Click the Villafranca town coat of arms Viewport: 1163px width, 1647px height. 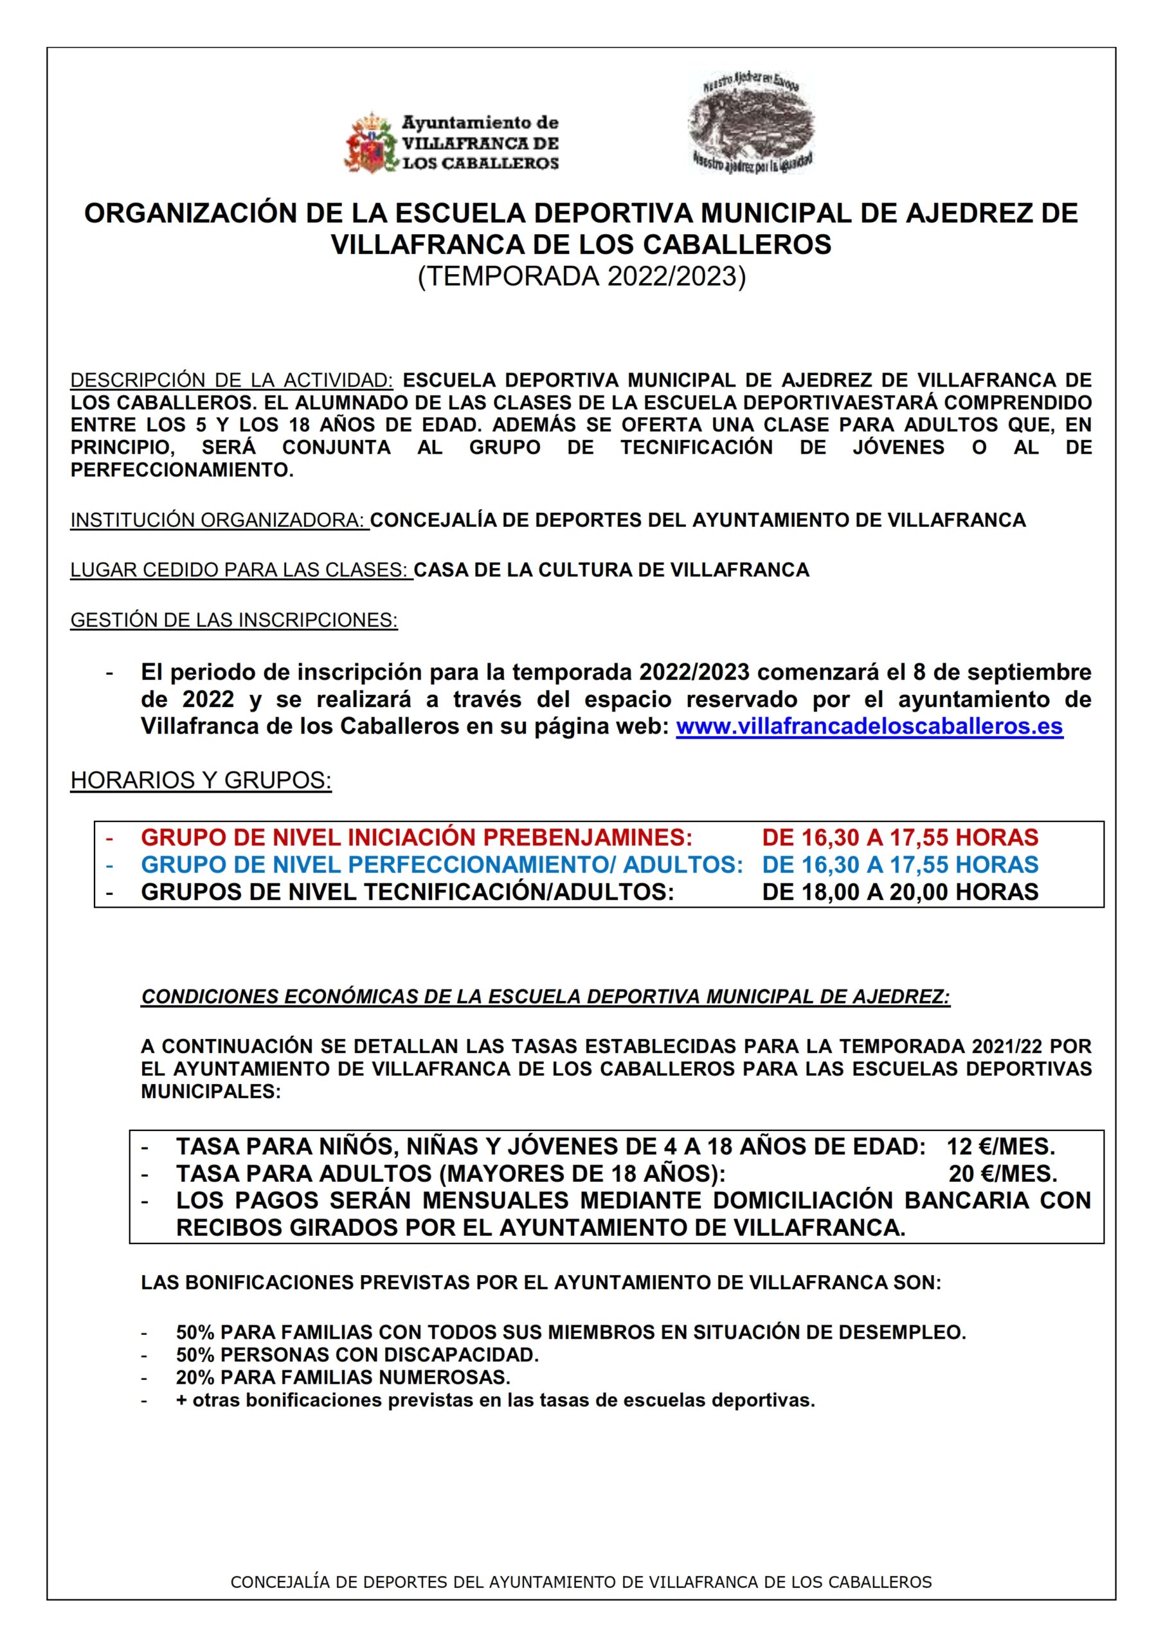click(x=371, y=143)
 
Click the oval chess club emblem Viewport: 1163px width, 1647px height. click(x=751, y=123)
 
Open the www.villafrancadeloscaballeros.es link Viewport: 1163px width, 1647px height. click(x=869, y=726)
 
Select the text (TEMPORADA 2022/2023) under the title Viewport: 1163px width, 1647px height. click(x=581, y=277)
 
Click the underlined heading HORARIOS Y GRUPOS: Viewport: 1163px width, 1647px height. click(x=201, y=780)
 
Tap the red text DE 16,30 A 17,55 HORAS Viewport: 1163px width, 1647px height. click(x=900, y=837)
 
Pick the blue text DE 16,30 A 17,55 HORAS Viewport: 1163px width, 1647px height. click(x=900, y=865)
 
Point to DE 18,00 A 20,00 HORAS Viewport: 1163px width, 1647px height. click(x=900, y=892)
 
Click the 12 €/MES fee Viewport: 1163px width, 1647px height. click(x=1001, y=1146)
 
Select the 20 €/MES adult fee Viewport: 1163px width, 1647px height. click(x=1002, y=1173)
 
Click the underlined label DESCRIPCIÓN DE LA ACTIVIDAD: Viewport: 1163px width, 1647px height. click(x=231, y=380)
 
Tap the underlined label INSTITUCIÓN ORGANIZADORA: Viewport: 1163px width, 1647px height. click(x=218, y=520)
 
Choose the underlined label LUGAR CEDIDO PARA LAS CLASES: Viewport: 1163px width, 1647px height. click(x=240, y=570)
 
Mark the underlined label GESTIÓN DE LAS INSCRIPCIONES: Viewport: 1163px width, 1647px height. click(x=234, y=620)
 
